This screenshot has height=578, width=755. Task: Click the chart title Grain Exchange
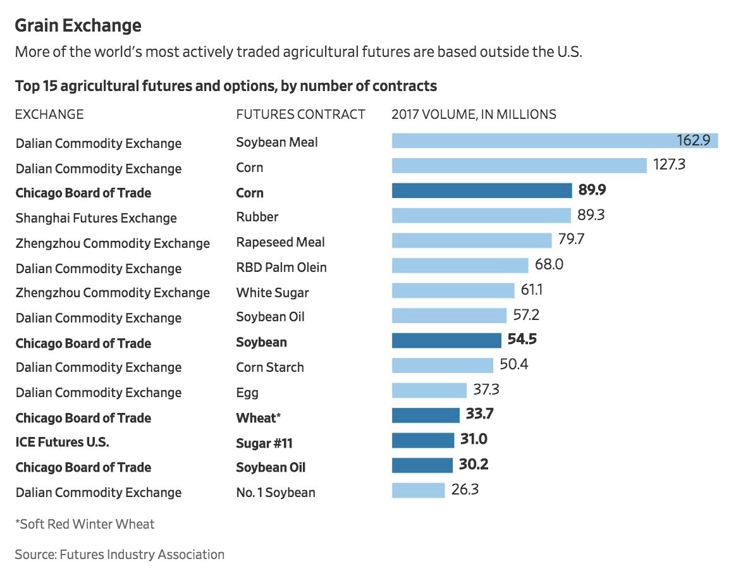tap(78, 25)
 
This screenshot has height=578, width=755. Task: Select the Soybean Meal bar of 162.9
tap(555, 140)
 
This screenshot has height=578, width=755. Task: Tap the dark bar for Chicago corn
tap(482, 191)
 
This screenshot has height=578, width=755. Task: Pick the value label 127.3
tap(669, 164)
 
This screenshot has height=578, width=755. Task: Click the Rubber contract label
tap(257, 217)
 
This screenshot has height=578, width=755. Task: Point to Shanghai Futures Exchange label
tap(96, 218)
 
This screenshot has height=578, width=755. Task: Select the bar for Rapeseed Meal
tap(472, 240)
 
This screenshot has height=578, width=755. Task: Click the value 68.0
tap(549, 264)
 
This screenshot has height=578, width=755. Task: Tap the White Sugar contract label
tap(273, 293)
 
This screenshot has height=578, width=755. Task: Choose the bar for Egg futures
tap(429, 390)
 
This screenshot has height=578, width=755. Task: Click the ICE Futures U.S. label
tap(62, 442)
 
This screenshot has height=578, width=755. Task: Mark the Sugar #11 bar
tap(423, 440)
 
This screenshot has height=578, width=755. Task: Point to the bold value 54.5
tap(522, 339)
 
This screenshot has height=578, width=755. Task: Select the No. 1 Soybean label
tap(276, 492)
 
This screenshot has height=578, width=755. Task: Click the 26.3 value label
tap(465, 489)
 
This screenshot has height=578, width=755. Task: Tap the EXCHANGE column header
tap(49, 114)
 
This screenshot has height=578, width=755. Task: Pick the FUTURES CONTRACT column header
tap(300, 114)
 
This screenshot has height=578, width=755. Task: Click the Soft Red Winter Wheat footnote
tap(85, 524)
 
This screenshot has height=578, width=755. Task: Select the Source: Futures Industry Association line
tap(120, 555)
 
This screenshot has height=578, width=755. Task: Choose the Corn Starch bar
tap(443, 365)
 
